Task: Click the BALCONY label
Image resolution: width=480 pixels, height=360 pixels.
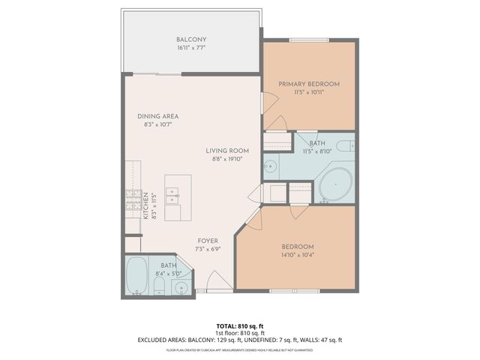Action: click(191, 40)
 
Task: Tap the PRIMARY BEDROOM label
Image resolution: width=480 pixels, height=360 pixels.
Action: click(309, 84)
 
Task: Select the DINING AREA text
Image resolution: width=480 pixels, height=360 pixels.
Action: click(157, 116)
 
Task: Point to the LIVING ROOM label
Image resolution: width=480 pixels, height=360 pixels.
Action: click(228, 151)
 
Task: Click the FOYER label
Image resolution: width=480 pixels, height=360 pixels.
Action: click(208, 241)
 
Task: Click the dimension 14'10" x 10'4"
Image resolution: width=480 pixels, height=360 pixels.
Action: click(298, 256)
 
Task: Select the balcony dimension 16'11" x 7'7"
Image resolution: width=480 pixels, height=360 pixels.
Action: click(191, 48)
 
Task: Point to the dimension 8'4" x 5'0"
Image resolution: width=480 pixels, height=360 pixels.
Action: click(169, 274)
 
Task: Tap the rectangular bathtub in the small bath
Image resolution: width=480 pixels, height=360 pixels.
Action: click(137, 276)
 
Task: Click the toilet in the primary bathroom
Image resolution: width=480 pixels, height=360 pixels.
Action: click(346, 145)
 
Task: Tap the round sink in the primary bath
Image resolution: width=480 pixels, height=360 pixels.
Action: click(271, 166)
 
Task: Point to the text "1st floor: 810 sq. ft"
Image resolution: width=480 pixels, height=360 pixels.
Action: click(239, 332)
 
